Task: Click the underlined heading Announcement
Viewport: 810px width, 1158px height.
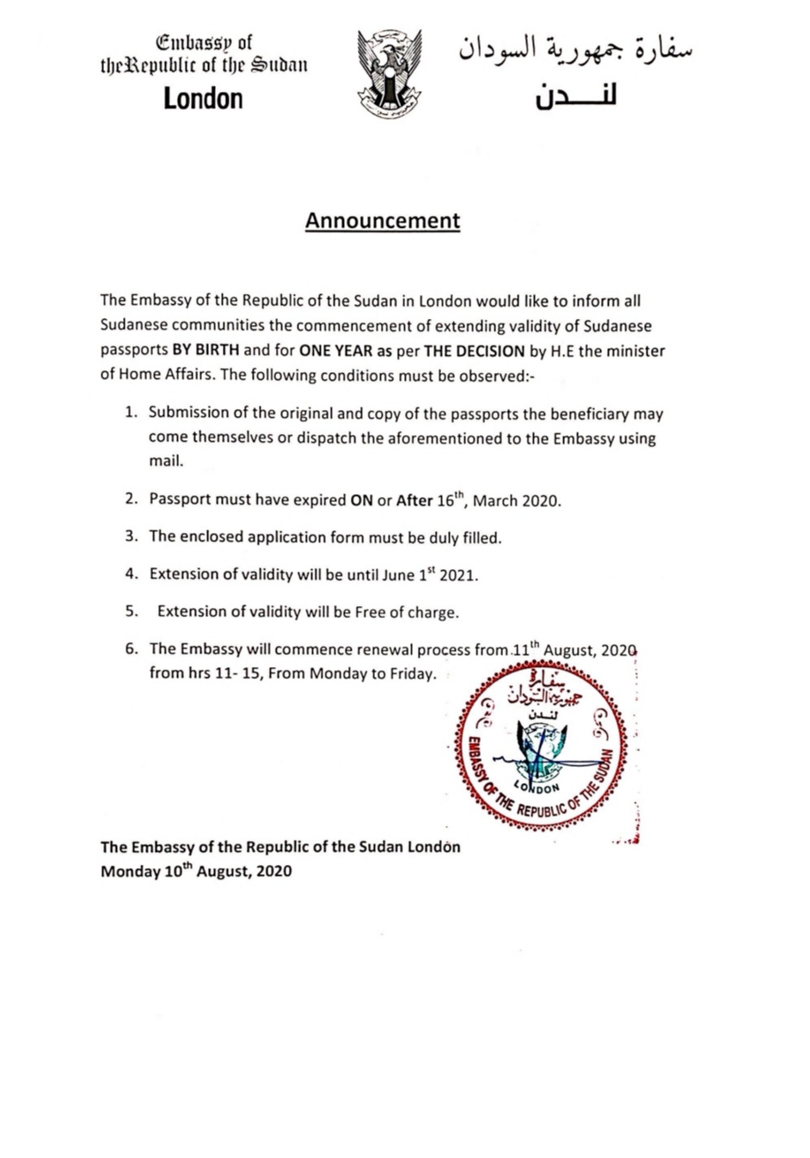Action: [x=383, y=221]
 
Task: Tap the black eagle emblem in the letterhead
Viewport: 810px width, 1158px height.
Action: [x=389, y=72]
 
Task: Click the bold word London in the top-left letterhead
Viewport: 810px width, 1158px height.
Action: [x=203, y=98]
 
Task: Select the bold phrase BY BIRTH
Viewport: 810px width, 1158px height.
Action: [x=206, y=351]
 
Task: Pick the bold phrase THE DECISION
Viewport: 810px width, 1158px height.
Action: [x=474, y=351]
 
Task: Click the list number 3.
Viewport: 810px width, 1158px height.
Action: [x=131, y=536]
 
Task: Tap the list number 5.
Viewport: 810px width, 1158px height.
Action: [x=131, y=612]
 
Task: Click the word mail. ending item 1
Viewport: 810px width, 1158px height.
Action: [x=166, y=461]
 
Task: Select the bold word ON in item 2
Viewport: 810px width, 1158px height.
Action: [x=361, y=500]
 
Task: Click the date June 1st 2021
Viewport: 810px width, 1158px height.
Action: [x=429, y=574]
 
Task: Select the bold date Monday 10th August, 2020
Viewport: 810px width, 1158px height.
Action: [x=196, y=870]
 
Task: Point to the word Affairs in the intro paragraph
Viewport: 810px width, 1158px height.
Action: [x=192, y=375]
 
